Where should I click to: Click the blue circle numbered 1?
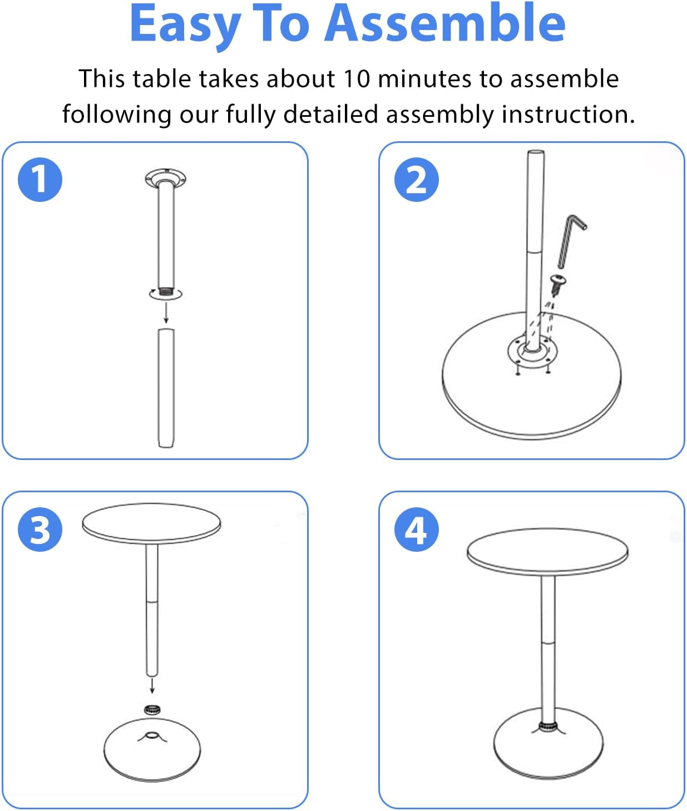(40, 179)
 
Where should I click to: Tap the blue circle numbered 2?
(417, 179)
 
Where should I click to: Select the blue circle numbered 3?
(40, 529)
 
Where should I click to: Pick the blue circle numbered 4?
(417, 529)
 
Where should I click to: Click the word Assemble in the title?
(445, 23)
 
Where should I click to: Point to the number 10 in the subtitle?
(356, 78)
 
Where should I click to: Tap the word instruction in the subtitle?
(568, 114)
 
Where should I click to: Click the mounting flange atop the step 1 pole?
(165, 179)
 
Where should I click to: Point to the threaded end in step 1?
(166, 290)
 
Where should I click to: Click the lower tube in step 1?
(166, 387)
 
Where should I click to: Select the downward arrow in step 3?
(152, 686)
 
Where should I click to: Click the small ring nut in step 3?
(152, 709)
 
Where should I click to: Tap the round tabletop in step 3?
(151, 524)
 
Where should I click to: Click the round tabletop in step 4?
(547, 551)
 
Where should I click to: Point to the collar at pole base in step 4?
(548, 726)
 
